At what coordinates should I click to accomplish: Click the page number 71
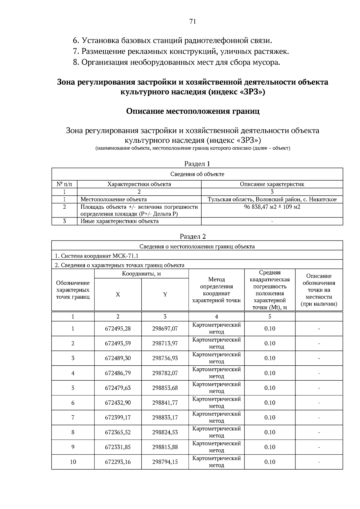point(193,21)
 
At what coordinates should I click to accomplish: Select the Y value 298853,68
point(165,388)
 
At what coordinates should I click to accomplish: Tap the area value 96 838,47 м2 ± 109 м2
point(272,207)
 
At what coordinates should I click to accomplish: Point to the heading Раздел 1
point(197,164)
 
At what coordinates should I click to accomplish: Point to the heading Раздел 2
point(193,236)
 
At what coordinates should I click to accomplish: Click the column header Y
point(165,295)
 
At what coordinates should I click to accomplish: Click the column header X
point(118,295)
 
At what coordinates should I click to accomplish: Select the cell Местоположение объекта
point(114,199)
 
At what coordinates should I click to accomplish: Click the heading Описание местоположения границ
point(193,111)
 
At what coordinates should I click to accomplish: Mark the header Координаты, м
point(141,274)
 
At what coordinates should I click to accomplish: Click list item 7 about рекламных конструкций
point(181,51)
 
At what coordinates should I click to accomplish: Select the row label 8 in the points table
point(73,432)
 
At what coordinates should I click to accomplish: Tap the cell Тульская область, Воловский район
point(272,199)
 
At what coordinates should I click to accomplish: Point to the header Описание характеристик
point(272,184)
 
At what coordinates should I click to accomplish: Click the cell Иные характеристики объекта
point(119,221)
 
